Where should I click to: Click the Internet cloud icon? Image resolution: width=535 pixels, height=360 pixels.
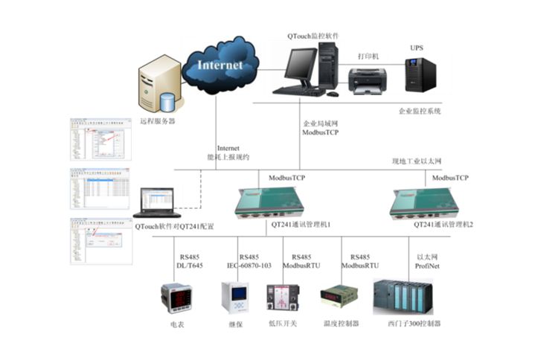[220, 65]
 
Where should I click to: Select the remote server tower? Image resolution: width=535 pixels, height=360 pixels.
[158, 88]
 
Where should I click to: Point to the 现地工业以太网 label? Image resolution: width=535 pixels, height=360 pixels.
[417, 161]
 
